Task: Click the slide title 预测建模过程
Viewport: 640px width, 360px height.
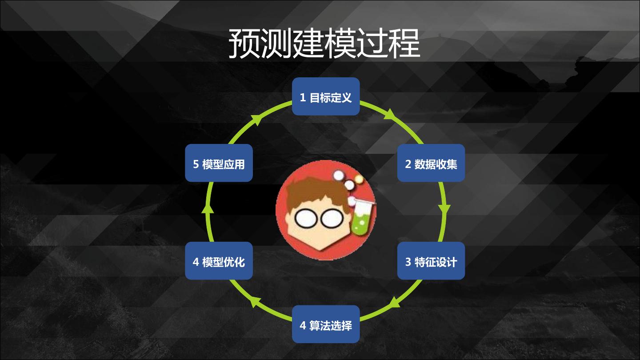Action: pyautogui.click(x=324, y=44)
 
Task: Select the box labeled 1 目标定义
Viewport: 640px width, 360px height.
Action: pyautogui.click(x=326, y=96)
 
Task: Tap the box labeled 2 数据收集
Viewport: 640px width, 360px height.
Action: pyautogui.click(x=431, y=163)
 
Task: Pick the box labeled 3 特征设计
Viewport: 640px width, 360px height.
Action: pyautogui.click(x=431, y=261)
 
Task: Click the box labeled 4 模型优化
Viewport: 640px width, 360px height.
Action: pyautogui.click(x=219, y=261)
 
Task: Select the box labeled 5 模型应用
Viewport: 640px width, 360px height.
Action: pyautogui.click(x=219, y=163)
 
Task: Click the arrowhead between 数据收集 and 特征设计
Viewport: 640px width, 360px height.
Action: pyautogui.click(x=444, y=209)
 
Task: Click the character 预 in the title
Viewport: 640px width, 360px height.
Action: pyautogui.click(x=244, y=44)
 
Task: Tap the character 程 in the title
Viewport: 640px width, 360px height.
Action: pyautogui.click(x=404, y=44)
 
